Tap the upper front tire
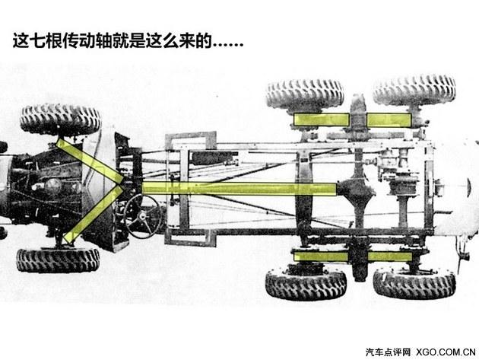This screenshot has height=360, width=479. [x=60, y=118]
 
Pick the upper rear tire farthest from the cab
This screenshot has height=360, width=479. [x=414, y=89]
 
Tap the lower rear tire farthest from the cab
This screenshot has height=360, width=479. [x=414, y=284]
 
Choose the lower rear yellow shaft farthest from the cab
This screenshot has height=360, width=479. [x=389, y=257]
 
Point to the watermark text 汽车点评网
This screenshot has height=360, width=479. [x=388, y=352]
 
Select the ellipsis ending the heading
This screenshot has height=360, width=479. [x=227, y=44]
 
